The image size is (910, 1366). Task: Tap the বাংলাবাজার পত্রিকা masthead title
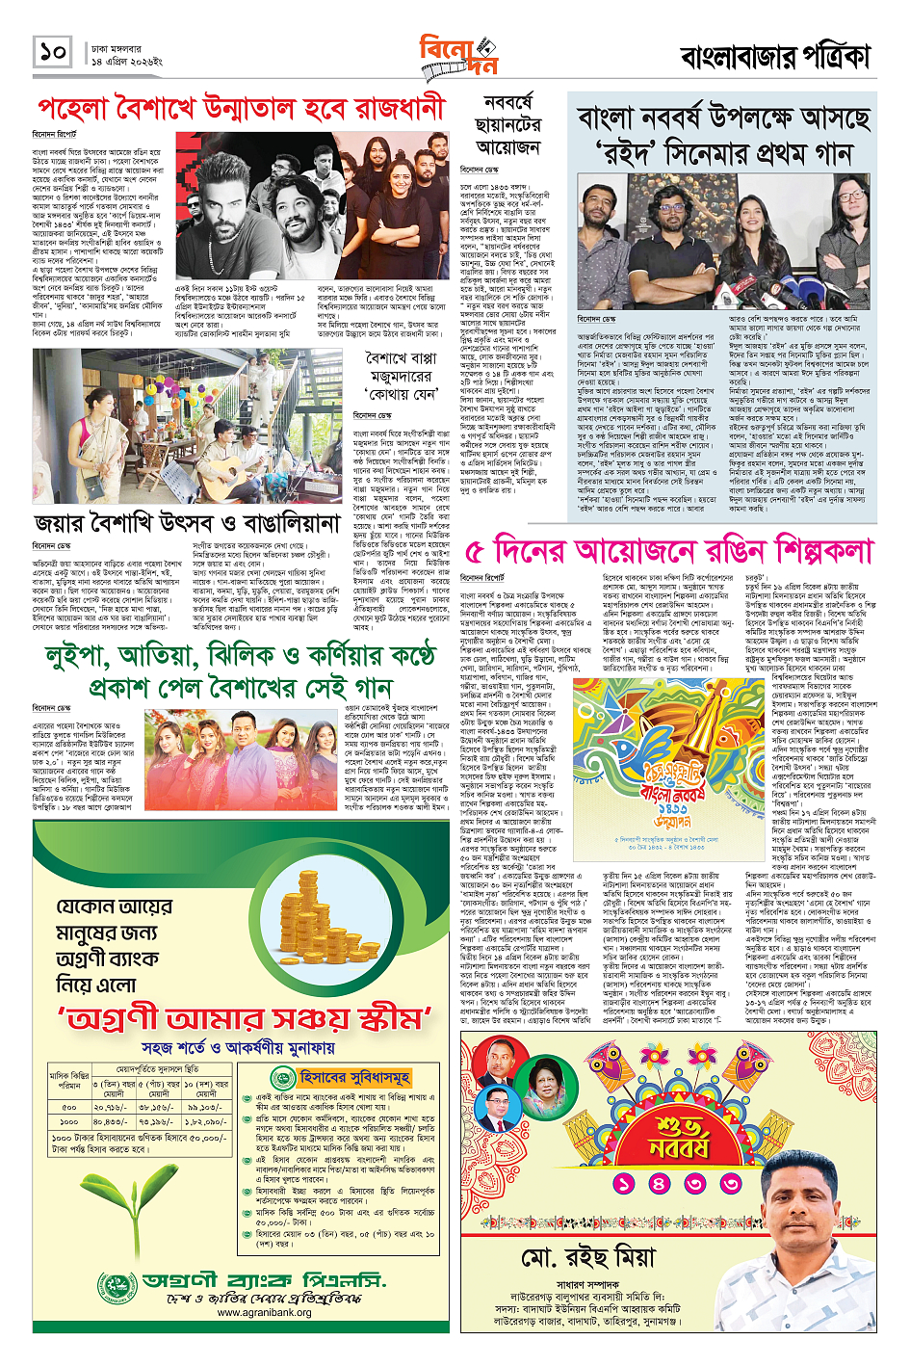coord(776,57)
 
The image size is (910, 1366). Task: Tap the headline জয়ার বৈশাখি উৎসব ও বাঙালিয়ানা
coord(188,523)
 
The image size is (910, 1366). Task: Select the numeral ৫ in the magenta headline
coord(473,552)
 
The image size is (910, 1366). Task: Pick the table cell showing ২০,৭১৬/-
coord(111,1108)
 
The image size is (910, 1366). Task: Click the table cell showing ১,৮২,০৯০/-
coord(206,1121)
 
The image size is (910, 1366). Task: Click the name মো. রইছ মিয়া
coord(587,1258)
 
